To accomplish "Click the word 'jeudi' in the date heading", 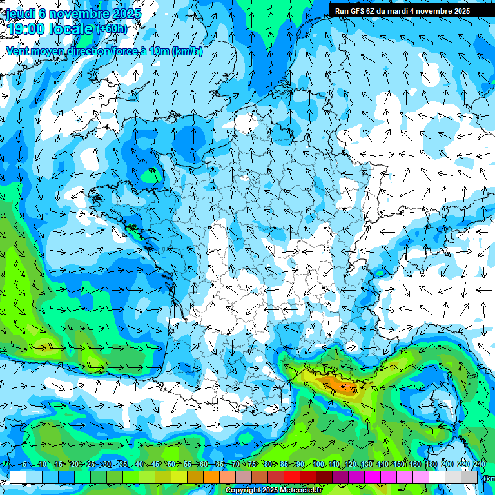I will pos(20,13).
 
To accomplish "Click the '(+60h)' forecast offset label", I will pos(112,29).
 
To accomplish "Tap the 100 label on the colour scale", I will pos(318,465).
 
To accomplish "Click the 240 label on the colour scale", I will pos(480,465).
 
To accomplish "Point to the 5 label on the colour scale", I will pos(24,465).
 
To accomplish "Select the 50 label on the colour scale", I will pos(171,465).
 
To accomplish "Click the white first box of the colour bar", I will pos(18,477).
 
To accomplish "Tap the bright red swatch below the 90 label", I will pos(292,477).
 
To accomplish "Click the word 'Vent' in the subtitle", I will pos(18,52).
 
